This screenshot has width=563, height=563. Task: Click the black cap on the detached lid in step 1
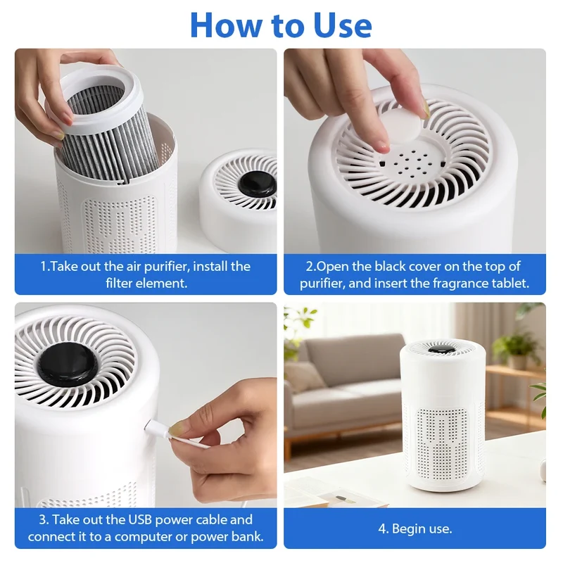tap(256, 185)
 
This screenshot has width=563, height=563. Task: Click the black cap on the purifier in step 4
tap(442, 349)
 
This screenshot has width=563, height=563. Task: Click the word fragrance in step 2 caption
tap(461, 284)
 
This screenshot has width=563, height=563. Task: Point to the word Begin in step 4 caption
tap(407, 529)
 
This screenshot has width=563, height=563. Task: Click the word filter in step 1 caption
tap(118, 284)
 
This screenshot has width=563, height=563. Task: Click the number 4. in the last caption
tap(383, 529)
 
